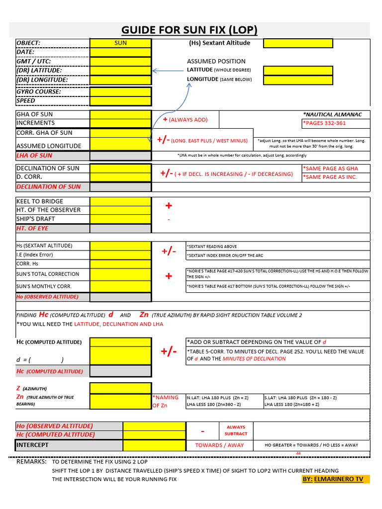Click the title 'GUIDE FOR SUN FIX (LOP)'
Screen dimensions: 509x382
190,30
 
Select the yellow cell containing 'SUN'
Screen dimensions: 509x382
120,43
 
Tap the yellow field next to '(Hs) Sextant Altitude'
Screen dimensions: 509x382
297,43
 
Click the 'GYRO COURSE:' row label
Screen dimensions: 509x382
39,91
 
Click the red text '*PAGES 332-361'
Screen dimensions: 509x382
324,123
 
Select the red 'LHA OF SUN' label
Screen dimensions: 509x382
34,156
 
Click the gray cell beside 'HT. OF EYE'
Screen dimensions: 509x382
120,228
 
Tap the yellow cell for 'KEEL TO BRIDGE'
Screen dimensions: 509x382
120,201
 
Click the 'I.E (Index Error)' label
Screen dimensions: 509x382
35,255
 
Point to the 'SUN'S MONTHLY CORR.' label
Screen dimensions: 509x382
44,286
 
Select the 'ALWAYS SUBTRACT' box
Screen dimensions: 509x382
236,430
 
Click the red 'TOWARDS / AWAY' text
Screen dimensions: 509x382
219,445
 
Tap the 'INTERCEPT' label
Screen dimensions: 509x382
32,445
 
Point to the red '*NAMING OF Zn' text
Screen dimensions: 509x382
166,401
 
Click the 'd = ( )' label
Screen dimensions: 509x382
40,360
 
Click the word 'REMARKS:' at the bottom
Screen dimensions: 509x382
31,462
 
